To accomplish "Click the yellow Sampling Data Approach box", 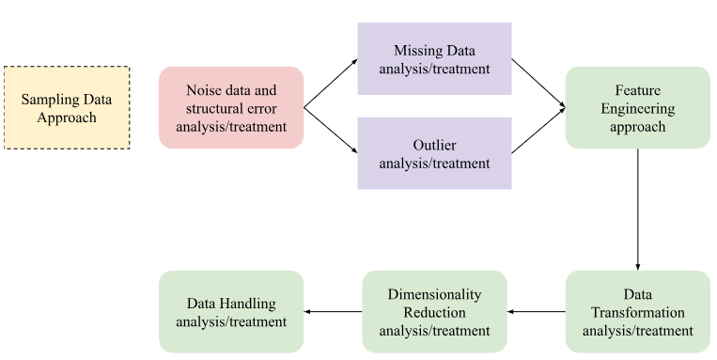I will [67, 107].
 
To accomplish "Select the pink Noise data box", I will [231, 107].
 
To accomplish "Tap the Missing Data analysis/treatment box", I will [434, 58].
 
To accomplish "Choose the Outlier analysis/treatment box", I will [434, 153].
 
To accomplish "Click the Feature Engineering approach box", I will [637, 107].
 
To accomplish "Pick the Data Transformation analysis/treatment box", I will [637, 311].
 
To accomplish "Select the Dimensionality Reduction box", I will [434, 311].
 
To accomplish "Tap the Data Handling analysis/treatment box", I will [231, 311].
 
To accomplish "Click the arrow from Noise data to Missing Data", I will [331, 83].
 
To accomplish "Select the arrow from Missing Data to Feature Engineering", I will [538, 83].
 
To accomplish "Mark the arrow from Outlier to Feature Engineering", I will [538, 130].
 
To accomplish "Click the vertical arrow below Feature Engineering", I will [638, 209].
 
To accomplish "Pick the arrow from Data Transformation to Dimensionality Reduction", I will [536, 312].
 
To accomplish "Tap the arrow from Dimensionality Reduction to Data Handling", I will [333, 312].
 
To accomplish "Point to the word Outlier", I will [434, 144].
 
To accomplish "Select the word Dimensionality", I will [434, 293].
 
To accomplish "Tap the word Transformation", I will [638, 312].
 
